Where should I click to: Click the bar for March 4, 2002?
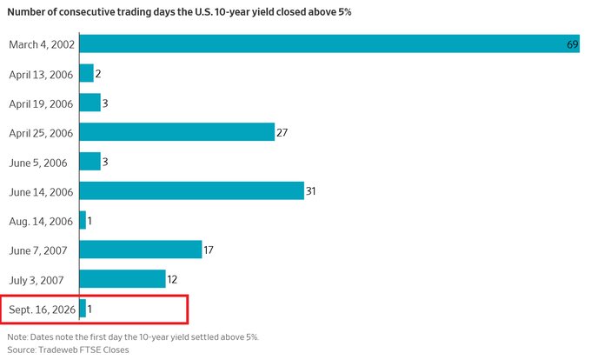(329, 43)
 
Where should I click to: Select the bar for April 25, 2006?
(177, 132)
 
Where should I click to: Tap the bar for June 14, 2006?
(192, 190)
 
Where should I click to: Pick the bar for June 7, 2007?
(141, 250)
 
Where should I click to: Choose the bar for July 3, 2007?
(123, 279)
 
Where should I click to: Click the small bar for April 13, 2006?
(86, 73)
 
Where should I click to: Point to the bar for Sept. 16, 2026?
(83, 309)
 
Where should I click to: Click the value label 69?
(572, 44)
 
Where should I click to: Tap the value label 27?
(282, 133)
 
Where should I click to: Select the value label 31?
(310, 191)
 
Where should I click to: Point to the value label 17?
(209, 250)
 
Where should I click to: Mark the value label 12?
(172, 279)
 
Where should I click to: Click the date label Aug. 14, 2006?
(41, 221)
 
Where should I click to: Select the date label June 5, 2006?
(38, 163)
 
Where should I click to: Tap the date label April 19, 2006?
(41, 104)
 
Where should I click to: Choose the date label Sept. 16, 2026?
(43, 310)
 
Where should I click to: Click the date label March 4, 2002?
(42, 44)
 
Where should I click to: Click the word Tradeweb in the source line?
(56, 350)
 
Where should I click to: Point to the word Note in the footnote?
(17, 337)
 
